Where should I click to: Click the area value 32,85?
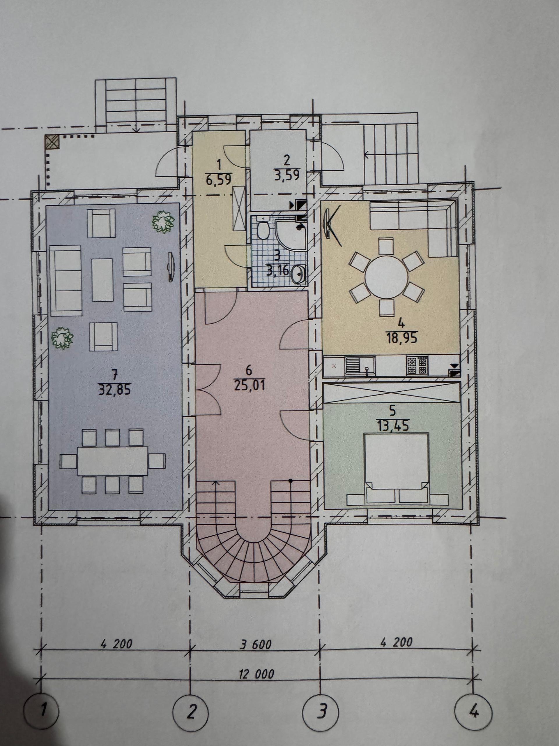click(x=114, y=390)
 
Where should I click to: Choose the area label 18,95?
click(x=402, y=337)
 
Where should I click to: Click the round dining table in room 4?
click(x=386, y=277)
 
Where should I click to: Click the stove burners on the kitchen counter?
click(x=418, y=366)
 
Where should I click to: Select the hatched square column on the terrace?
click(x=52, y=142)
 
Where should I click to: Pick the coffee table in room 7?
click(x=102, y=279)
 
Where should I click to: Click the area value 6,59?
click(x=218, y=178)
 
